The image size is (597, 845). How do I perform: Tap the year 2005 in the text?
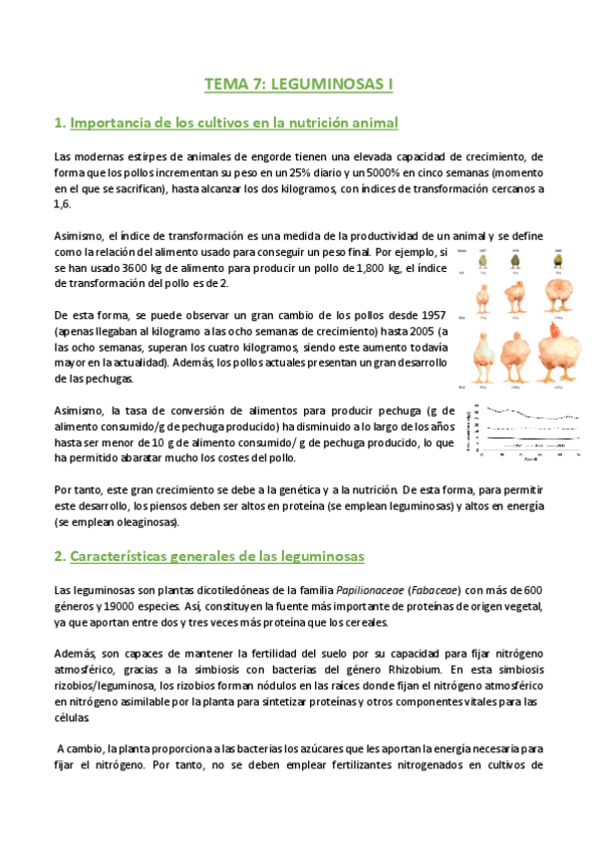point(417,332)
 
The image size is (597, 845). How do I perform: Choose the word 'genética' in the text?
point(292,489)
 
